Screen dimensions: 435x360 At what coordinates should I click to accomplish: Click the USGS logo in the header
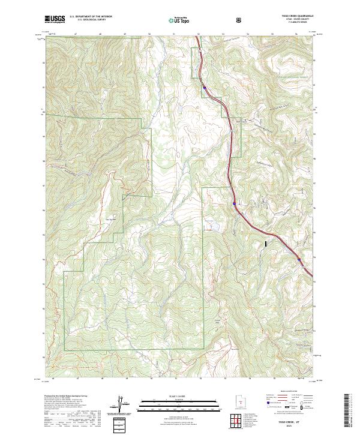[55, 19]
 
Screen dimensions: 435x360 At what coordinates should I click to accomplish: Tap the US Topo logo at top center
[179, 20]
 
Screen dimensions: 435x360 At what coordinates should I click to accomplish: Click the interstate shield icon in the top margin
[240, 20]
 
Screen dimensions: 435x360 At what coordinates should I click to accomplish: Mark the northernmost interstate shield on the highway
[205, 89]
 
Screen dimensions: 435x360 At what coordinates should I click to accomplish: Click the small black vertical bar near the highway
[265, 244]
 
